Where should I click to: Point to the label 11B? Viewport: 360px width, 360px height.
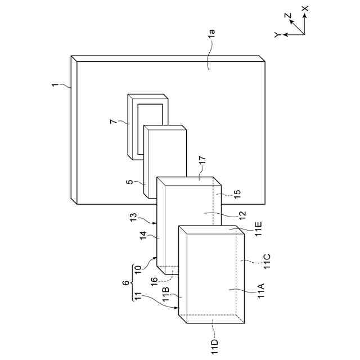click(165, 295)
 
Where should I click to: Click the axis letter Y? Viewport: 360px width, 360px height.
click(277, 35)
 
